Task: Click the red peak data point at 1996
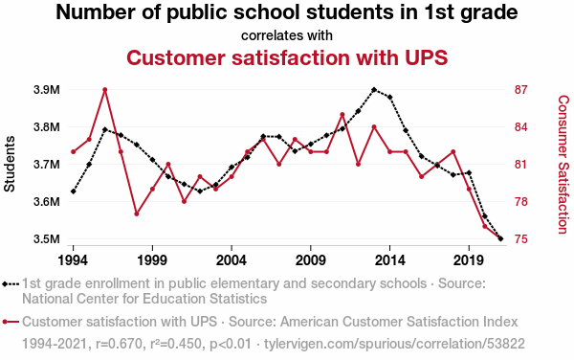pos(104,90)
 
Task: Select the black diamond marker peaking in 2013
pos(374,90)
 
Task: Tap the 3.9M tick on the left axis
pos(47,90)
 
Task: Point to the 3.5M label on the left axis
pos(47,239)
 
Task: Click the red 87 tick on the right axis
pos(521,90)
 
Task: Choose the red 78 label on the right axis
pos(521,202)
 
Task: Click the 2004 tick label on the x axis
pos(232,260)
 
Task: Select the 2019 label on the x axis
pos(469,260)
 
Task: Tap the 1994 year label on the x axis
pos(74,260)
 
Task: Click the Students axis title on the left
pos(10,164)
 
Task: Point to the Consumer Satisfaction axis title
pos(563,165)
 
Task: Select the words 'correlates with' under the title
pos(287,35)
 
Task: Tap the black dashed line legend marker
pos(11,283)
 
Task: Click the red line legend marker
pos(11,322)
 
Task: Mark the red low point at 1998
pos(137,214)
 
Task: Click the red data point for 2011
pos(342,115)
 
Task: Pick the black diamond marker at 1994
pos(74,191)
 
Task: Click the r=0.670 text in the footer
pos(119,344)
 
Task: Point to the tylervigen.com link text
pos(394,344)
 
